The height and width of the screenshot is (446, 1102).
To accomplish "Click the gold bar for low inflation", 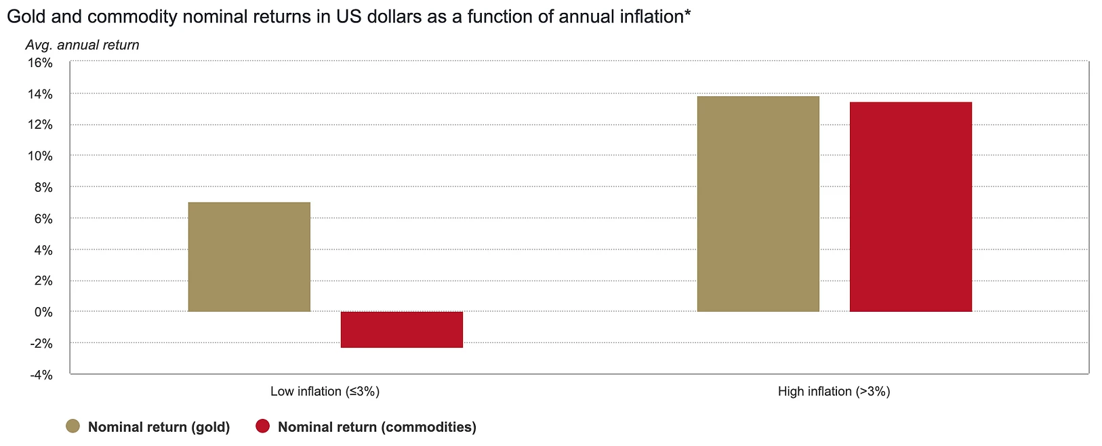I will coord(249,257).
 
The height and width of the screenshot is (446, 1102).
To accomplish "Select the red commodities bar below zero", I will coord(401,329).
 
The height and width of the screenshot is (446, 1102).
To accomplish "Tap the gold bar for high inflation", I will coord(758,204).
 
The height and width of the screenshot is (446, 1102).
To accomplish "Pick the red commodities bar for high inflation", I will coord(910,207).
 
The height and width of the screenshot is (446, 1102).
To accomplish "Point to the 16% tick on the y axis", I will coord(40,62).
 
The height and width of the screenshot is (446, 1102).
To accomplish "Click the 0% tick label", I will coord(43,312).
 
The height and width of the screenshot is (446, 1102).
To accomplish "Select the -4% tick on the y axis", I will coord(41,375).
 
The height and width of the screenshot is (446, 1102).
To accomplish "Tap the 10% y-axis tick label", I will coord(40,156).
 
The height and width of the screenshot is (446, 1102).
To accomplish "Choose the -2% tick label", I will coord(41,344).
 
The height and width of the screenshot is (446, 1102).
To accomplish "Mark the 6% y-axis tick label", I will coord(43,219).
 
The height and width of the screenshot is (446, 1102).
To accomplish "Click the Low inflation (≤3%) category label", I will coord(325,391).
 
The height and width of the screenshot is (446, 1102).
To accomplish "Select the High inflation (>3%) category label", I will coord(834,391).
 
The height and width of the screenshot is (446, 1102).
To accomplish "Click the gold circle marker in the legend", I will coord(73,426).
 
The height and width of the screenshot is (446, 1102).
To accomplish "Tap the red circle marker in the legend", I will coord(263,426).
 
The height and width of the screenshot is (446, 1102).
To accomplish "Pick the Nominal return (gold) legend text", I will coord(159,427).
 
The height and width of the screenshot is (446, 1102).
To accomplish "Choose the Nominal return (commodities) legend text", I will coord(377,427).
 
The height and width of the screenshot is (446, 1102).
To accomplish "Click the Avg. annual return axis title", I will coord(82,45).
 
